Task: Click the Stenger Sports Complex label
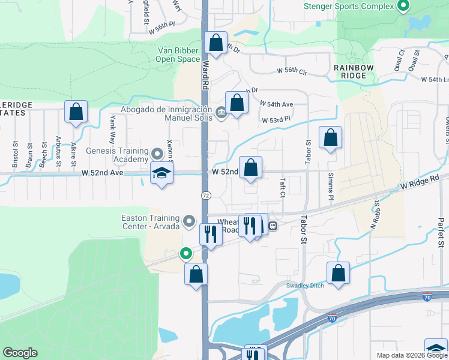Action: click(349, 6)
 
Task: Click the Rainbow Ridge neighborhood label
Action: click(354, 71)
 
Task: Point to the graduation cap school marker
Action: click(161, 173)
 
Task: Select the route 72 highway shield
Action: click(205, 196)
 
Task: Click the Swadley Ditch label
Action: click(305, 286)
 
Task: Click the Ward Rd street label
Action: click(205, 74)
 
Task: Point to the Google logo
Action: click(20, 352)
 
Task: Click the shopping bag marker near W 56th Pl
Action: click(215, 43)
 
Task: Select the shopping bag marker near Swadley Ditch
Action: click(338, 273)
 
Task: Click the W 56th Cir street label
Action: click(292, 71)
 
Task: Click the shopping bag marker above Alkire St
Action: click(76, 112)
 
